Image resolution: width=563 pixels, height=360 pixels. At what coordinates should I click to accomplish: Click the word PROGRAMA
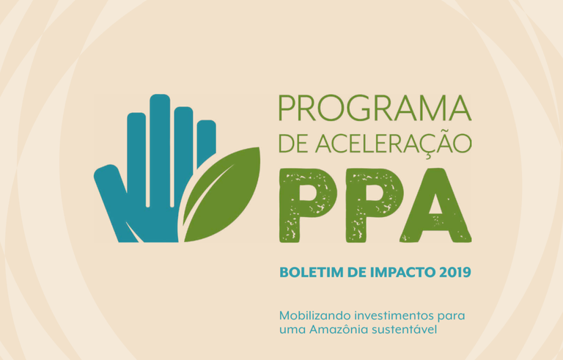[375, 108]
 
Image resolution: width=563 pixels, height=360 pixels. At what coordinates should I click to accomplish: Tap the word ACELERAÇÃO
[393, 144]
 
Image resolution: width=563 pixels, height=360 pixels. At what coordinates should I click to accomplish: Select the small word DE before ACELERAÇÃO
[293, 144]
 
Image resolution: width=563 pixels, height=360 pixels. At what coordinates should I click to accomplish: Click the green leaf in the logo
[221, 194]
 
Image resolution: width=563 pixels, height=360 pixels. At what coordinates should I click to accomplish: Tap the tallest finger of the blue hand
[160, 151]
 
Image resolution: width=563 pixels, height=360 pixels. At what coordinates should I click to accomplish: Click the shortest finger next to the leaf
[206, 142]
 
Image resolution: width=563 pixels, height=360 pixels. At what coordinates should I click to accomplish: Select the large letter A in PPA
[435, 205]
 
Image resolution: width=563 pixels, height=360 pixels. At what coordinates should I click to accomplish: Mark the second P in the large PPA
[372, 205]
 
